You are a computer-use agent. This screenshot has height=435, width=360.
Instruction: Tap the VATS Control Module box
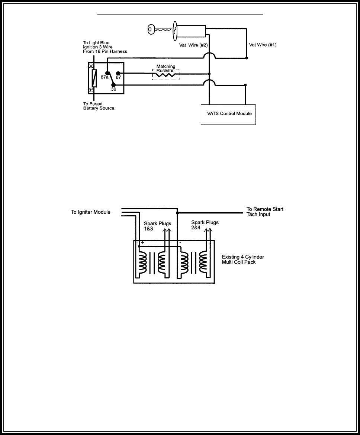[x=228, y=113]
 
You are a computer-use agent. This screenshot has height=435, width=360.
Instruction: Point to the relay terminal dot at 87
[x=118, y=74]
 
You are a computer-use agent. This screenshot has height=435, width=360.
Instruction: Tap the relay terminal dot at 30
[x=113, y=85]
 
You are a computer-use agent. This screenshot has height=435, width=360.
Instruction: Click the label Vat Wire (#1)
[x=263, y=45]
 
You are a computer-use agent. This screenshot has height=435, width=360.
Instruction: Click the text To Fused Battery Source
[x=99, y=106]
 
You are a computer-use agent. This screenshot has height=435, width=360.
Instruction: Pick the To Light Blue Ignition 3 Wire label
[x=105, y=47]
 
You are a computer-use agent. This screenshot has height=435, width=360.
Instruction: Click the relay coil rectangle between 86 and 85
[x=94, y=78]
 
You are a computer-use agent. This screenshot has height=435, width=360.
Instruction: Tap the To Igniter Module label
[x=91, y=212]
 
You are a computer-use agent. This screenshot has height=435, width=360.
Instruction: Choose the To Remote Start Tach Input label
[x=265, y=212]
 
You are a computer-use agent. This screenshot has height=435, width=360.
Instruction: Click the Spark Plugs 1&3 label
[x=158, y=226]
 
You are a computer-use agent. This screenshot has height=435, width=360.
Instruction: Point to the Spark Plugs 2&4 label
[x=205, y=225]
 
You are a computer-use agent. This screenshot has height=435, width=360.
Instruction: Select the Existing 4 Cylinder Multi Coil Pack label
[x=243, y=260]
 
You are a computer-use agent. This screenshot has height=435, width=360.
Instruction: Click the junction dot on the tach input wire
[x=177, y=213]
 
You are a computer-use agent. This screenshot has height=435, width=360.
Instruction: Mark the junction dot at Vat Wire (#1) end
[x=246, y=58]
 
